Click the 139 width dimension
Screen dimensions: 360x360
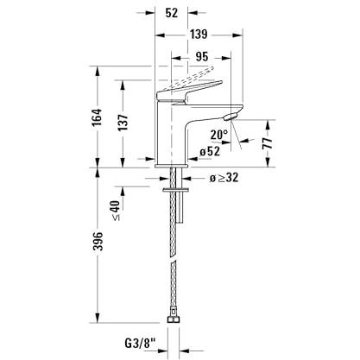click(199, 35)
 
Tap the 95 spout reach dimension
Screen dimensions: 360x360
click(202, 57)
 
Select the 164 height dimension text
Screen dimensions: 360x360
click(97, 117)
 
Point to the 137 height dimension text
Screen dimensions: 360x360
click(123, 122)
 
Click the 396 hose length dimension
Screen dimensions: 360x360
click(98, 241)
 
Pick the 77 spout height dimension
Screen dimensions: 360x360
click(268, 142)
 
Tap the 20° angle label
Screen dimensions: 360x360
click(219, 135)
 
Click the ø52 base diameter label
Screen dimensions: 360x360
click(210, 151)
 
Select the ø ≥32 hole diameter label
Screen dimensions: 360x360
click(224, 178)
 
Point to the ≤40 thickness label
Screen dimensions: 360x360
click(115, 211)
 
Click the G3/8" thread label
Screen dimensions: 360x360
click(140, 343)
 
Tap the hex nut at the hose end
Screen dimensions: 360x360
click(174, 319)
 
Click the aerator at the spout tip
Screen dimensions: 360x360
click(231, 117)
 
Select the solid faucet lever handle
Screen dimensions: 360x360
click(188, 92)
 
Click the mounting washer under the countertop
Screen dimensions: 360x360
click(175, 190)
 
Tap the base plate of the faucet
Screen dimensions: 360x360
click(172, 166)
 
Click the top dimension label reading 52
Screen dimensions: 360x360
click(172, 13)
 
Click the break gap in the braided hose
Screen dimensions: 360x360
click(173, 260)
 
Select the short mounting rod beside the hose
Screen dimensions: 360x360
click(180, 207)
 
